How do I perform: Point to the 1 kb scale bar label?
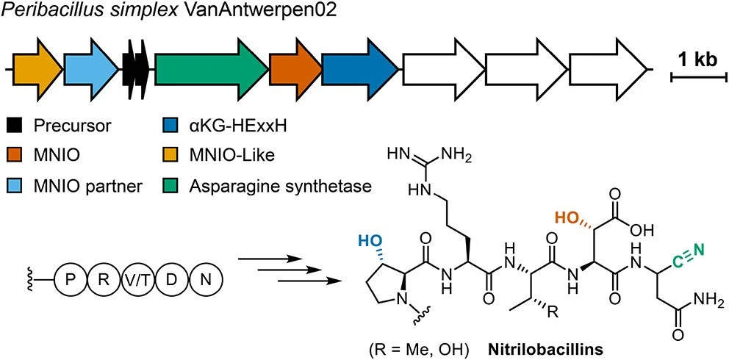tap(697, 60)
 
